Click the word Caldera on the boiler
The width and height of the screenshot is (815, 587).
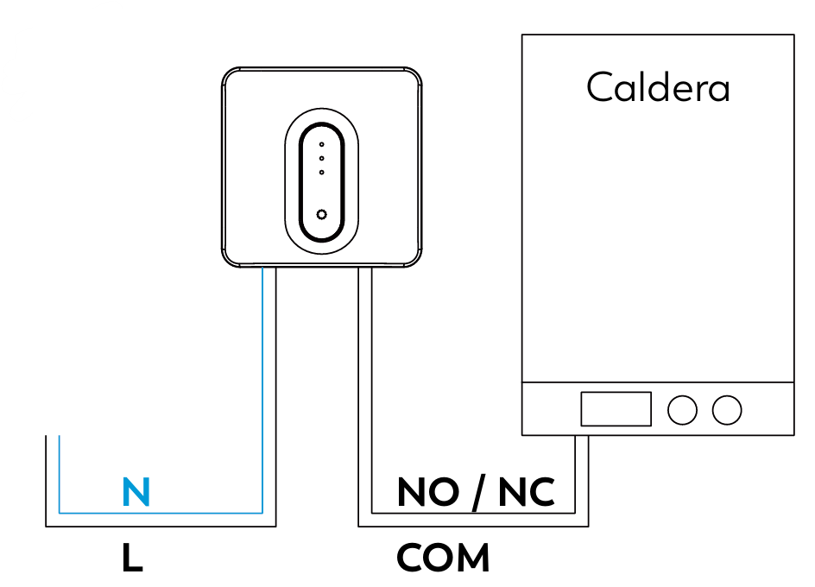(x=658, y=87)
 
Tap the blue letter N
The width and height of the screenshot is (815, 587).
(x=136, y=491)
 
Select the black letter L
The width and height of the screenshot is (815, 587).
(x=132, y=558)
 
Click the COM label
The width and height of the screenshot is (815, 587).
(x=443, y=558)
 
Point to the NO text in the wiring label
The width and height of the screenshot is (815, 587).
(x=428, y=492)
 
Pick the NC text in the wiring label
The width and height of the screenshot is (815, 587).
(x=527, y=492)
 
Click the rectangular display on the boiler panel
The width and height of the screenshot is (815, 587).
(x=616, y=409)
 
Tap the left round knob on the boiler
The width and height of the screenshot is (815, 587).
(x=682, y=410)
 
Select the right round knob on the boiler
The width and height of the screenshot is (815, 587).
(x=727, y=410)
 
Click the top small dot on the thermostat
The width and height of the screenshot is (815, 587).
(x=322, y=144)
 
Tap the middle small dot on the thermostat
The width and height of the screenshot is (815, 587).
(x=322, y=159)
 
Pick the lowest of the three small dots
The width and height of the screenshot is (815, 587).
(x=322, y=173)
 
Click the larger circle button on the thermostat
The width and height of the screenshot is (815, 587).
(x=322, y=214)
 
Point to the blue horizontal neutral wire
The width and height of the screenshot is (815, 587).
(x=161, y=513)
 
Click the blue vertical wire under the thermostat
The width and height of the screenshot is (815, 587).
(x=262, y=390)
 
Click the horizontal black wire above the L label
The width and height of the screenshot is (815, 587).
(x=161, y=527)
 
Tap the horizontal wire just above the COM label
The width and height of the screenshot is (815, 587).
(x=473, y=527)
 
